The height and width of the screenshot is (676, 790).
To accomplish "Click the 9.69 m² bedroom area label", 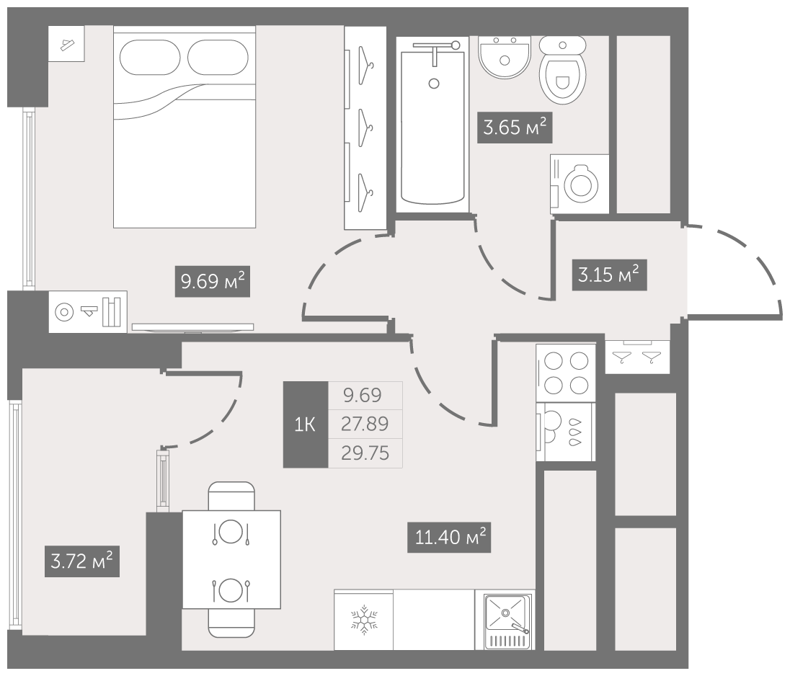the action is [x=212, y=281].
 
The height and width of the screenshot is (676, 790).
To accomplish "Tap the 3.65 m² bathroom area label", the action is [x=515, y=128].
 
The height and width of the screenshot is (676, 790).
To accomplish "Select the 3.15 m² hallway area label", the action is [x=609, y=275].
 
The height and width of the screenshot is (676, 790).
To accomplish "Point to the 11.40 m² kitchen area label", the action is [x=449, y=537].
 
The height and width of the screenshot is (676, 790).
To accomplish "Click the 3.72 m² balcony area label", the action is [x=82, y=561].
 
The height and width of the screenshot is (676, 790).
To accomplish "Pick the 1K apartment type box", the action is [x=306, y=424].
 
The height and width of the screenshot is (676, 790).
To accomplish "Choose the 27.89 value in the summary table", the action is [x=365, y=424].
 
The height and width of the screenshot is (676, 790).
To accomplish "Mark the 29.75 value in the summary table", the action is [x=365, y=453].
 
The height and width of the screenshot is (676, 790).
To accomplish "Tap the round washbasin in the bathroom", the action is [x=505, y=57].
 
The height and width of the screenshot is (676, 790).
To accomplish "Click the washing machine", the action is [x=580, y=184].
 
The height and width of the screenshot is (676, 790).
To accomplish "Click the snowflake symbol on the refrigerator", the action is [x=364, y=619].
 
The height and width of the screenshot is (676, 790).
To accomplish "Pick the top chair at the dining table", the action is [x=231, y=496].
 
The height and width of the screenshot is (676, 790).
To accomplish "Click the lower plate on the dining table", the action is [x=230, y=590].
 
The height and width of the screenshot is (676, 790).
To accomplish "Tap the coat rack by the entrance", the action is [x=637, y=357].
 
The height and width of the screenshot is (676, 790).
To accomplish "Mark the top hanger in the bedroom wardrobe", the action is [x=365, y=64].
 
